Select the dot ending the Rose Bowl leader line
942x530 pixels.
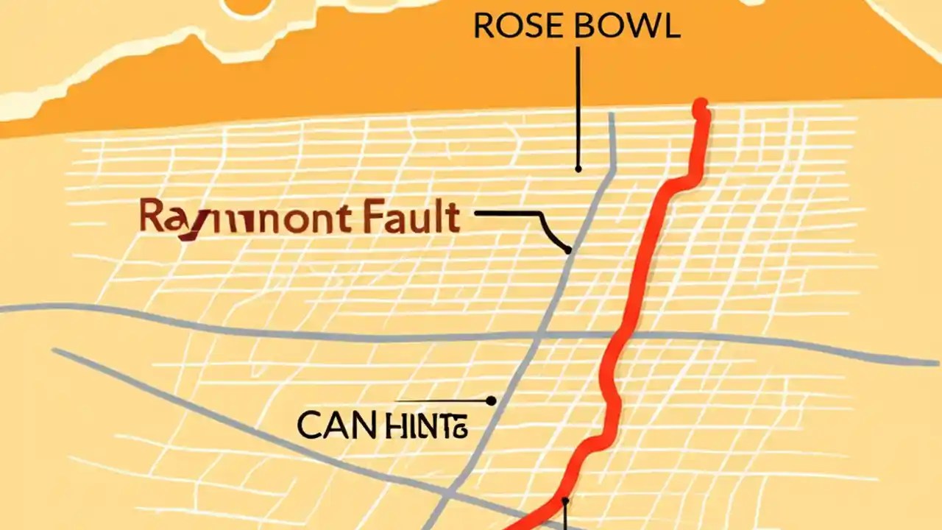point(578,169)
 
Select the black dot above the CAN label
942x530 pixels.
point(491,401)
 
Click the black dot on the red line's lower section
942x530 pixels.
point(565,502)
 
